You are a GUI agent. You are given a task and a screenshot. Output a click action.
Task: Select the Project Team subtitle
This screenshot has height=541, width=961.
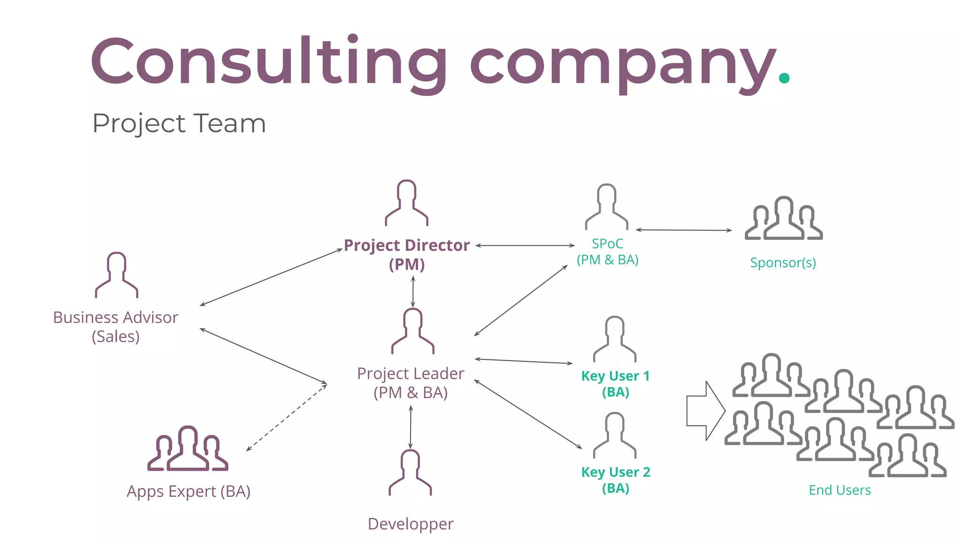pyautogui.click(x=179, y=124)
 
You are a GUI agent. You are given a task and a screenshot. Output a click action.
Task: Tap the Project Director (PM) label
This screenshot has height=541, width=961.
pyautogui.click(x=406, y=255)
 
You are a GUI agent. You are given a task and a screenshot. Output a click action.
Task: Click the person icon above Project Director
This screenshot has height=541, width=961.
pyautogui.click(x=406, y=203)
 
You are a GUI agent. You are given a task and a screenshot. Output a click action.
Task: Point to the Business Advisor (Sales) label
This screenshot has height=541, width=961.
pyautogui.click(x=115, y=327)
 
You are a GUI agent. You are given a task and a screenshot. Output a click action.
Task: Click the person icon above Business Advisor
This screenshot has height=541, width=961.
pyautogui.click(x=116, y=275)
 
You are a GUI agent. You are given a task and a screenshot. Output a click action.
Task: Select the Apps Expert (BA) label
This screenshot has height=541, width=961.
pyautogui.click(x=189, y=491)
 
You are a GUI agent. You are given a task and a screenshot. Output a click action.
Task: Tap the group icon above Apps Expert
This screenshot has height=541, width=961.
pyautogui.click(x=188, y=449)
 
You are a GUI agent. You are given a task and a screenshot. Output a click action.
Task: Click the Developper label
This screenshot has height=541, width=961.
pyautogui.click(x=411, y=524)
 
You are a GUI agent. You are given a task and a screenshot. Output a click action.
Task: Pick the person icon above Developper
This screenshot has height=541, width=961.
pyautogui.click(x=410, y=472)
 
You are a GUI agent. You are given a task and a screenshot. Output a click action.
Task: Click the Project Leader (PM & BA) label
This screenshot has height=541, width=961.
pyautogui.click(x=411, y=383)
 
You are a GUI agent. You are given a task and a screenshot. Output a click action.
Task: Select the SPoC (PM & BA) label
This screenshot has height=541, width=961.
pyautogui.click(x=608, y=252)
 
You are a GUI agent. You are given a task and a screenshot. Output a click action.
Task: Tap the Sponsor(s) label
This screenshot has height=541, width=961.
pyautogui.click(x=783, y=263)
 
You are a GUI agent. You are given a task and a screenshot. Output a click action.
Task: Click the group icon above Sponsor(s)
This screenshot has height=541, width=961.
pyautogui.click(x=784, y=219)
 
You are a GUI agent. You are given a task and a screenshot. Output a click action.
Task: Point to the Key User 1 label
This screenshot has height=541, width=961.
pyautogui.click(x=616, y=384)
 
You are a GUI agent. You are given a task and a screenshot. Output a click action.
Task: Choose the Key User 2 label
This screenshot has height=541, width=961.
pyautogui.click(x=616, y=480)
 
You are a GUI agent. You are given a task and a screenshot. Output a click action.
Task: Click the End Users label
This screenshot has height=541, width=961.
pyautogui.click(x=840, y=490)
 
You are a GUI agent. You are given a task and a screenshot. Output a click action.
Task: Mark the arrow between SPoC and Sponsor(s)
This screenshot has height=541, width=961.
pyautogui.click(x=684, y=230)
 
